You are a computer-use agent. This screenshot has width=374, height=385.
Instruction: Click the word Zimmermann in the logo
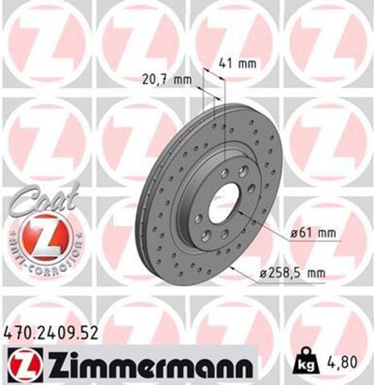coord(137,363)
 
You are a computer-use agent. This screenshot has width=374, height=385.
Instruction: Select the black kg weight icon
coord(306,358)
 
